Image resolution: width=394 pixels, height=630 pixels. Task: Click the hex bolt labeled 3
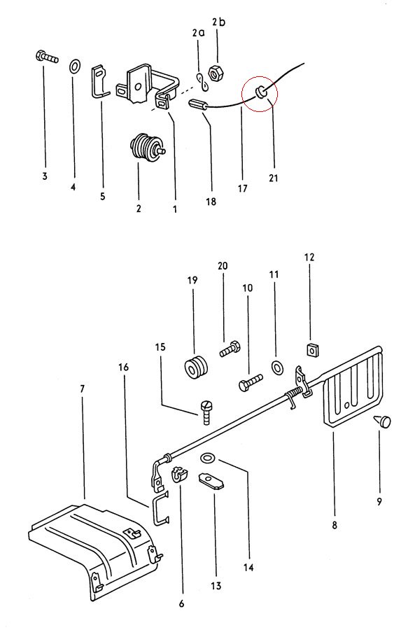point(47,57)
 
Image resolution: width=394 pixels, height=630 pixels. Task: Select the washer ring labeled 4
point(74,66)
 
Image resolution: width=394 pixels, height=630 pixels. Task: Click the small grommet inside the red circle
point(260,92)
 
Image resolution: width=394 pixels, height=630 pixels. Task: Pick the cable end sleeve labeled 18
point(197,106)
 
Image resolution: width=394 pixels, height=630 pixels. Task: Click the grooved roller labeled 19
point(197,366)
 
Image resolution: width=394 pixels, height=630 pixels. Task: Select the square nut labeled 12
point(311,349)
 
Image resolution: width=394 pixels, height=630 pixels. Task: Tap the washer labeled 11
point(276,367)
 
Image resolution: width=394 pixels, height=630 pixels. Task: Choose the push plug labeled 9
point(382,421)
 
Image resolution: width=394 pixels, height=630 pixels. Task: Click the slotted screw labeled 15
point(206,412)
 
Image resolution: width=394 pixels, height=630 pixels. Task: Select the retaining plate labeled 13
point(211,480)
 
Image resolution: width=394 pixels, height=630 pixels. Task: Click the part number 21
point(273,177)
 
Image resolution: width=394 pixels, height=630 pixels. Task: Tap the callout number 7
point(83,389)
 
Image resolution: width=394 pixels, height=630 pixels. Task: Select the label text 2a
point(199,33)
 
